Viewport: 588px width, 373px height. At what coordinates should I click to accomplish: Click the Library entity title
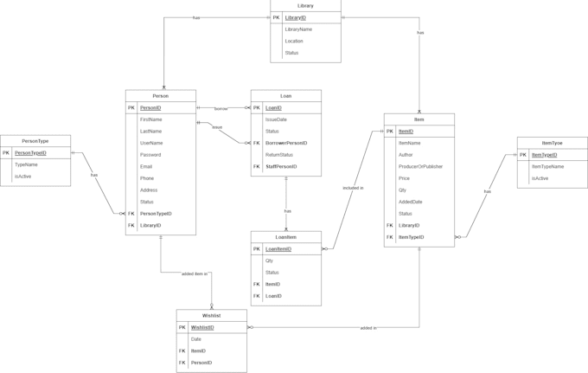pyautogui.click(x=305, y=5)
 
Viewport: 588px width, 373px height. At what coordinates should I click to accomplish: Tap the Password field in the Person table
pyautogui.click(x=150, y=155)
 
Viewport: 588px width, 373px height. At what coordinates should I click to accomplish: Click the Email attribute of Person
pyautogui.click(x=146, y=166)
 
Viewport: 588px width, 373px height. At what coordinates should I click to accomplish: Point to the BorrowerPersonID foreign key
pyautogui.click(x=286, y=143)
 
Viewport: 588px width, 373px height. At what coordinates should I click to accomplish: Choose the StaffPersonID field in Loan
pyautogui.click(x=281, y=167)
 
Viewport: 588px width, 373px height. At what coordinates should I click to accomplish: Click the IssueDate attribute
pyautogui.click(x=277, y=119)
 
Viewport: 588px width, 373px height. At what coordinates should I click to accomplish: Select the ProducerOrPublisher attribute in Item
pyautogui.click(x=420, y=166)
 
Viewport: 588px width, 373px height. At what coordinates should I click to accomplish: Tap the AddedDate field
pyautogui.click(x=411, y=202)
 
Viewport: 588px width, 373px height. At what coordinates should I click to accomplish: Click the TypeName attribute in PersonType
pyautogui.click(x=26, y=164)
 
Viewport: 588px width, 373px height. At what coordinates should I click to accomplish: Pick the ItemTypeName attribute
pyautogui.click(x=547, y=166)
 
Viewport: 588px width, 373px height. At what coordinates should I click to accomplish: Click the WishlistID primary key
pyautogui.click(x=202, y=328)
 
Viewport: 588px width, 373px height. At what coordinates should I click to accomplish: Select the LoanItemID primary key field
pyautogui.click(x=278, y=249)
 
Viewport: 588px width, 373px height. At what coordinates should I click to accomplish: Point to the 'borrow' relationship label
pyautogui.click(x=221, y=109)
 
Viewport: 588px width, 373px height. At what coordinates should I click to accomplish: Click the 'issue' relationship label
pyautogui.click(x=217, y=127)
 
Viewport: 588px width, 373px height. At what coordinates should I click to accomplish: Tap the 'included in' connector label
pyautogui.click(x=353, y=188)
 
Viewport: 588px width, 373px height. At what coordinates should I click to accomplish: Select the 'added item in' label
pyautogui.click(x=195, y=273)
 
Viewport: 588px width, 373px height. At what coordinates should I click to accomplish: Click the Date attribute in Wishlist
pyautogui.click(x=195, y=339)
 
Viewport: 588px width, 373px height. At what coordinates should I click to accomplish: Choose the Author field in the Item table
pyautogui.click(x=406, y=155)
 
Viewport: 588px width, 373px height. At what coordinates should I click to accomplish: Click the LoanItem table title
pyautogui.click(x=285, y=237)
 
